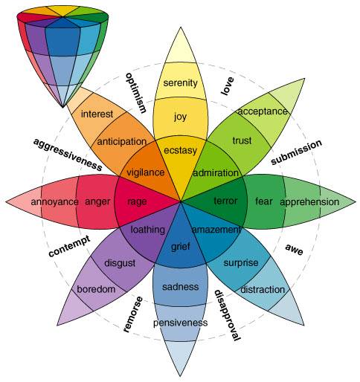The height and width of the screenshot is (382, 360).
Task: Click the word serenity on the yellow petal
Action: click(180, 83)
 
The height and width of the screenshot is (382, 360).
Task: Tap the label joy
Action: click(180, 117)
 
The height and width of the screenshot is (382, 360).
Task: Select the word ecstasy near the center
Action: click(180, 150)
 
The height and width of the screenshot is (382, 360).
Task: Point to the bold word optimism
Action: click(135, 93)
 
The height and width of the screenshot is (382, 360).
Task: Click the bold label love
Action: click(227, 85)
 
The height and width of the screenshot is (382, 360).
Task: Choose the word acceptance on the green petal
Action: click(263, 111)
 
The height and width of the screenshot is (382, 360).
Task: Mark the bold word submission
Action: click(296, 152)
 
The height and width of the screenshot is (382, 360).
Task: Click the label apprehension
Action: click(309, 202)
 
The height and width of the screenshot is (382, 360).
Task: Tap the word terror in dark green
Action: click(225, 201)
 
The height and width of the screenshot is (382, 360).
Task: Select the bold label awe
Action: click(295, 249)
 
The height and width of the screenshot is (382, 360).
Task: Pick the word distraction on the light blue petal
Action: click(263, 289)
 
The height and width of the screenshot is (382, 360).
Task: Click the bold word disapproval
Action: click(227, 315)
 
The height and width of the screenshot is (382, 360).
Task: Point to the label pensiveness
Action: click(180, 323)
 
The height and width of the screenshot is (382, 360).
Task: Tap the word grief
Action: click(180, 247)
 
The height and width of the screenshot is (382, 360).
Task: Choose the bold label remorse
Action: click(133, 314)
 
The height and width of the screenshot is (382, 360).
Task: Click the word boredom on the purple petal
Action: click(96, 289)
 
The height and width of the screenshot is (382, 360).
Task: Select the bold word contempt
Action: click(69, 246)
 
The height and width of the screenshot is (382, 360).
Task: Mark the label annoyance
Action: click(54, 202)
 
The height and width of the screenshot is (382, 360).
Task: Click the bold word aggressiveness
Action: click(68, 155)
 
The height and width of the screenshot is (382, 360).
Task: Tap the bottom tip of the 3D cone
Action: click(62, 107)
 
